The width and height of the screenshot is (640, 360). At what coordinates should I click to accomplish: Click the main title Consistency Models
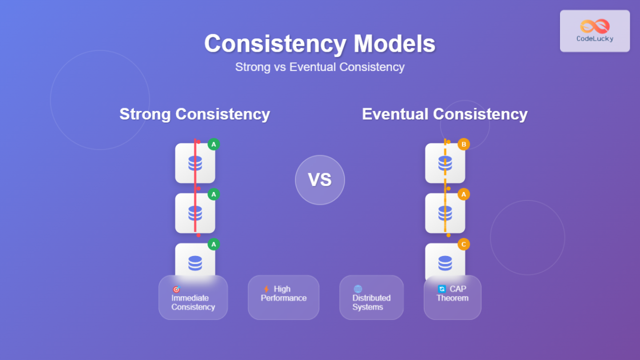point(319,43)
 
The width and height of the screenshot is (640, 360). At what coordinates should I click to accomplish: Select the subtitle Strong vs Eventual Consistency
point(319,67)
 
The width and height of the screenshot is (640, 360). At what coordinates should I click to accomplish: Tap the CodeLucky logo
point(595,31)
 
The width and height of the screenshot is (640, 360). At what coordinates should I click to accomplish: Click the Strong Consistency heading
point(195,114)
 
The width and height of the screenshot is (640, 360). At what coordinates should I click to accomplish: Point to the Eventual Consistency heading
point(445,114)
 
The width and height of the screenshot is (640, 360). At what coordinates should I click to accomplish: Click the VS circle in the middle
point(320,180)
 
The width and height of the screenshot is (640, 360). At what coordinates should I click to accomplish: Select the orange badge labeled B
point(463,144)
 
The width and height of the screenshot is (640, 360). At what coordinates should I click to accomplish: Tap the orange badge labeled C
point(463,244)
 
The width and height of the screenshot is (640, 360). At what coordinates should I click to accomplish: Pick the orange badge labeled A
point(463,195)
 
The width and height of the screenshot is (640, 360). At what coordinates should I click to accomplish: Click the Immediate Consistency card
point(193,298)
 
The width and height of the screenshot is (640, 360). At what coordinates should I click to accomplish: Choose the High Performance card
point(283,298)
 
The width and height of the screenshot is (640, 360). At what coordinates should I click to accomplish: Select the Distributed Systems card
point(371,298)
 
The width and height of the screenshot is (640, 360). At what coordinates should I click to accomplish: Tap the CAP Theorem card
point(452,298)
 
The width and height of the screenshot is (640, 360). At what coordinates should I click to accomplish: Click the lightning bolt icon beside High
point(267,289)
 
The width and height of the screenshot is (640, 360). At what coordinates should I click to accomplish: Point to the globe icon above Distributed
point(358,289)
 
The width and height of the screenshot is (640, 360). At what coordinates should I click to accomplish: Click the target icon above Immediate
point(176,289)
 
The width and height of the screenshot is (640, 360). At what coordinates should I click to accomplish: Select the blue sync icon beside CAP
point(442,289)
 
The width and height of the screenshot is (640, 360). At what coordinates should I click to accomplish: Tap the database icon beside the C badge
point(445,263)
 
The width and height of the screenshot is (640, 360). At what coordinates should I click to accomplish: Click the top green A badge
point(213,144)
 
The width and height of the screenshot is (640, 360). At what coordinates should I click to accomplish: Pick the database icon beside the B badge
point(445,163)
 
